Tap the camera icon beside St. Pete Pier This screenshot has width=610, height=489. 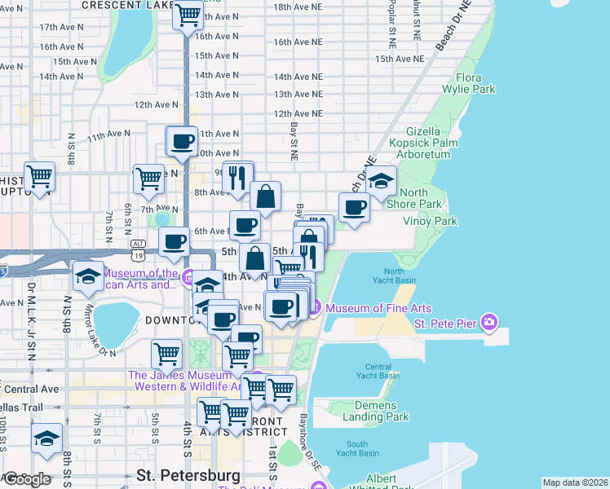tap(488, 324)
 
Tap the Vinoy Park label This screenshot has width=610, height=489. tap(430, 221)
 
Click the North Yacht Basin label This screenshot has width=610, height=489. tap(393, 276)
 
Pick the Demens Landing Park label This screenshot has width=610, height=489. tap(375, 411)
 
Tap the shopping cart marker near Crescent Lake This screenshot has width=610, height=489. tap(188, 14)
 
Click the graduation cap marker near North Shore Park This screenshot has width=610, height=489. tap(380, 182)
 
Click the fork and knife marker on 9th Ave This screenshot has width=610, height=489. tap(237, 176)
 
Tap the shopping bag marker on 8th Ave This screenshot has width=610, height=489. tap(265, 196)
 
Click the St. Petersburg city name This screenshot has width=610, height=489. tap(188, 474)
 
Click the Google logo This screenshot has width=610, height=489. tap(26, 479)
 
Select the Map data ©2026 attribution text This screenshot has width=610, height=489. tap(575, 482)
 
